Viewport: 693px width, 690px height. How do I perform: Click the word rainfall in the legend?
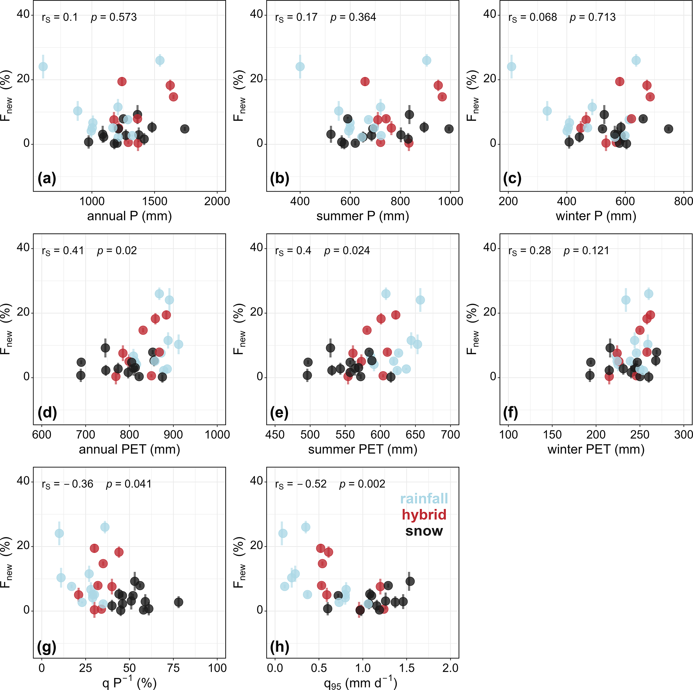(x=424, y=499)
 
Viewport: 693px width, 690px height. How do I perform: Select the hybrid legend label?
(x=424, y=515)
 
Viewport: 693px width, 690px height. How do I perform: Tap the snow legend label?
(x=424, y=531)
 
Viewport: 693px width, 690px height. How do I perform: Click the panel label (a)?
(x=47, y=179)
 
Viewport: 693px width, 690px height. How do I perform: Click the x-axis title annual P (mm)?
(x=129, y=216)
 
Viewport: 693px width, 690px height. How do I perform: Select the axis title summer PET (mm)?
(x=363, y=449)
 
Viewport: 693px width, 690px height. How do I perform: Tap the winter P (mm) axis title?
(x=596, y=216)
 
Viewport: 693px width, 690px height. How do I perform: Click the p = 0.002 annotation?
(x=362, y=484)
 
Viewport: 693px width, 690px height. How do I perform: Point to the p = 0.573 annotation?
(x=114, y=17)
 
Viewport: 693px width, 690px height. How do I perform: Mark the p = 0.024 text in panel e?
(x=347, y=251)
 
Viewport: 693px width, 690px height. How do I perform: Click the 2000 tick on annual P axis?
(x=217, y=201)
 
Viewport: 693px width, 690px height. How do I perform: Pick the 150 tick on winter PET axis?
(x=552, y=435)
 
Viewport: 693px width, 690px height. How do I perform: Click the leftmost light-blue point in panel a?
(x=43, y=67)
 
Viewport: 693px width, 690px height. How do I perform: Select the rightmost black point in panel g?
(x=179, y=602)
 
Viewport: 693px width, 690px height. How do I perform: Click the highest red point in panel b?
(x=365, y=82)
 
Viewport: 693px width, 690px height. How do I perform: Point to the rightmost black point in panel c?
(x=668, y=129)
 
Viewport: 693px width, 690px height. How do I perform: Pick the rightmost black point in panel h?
(x=410, y=581)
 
